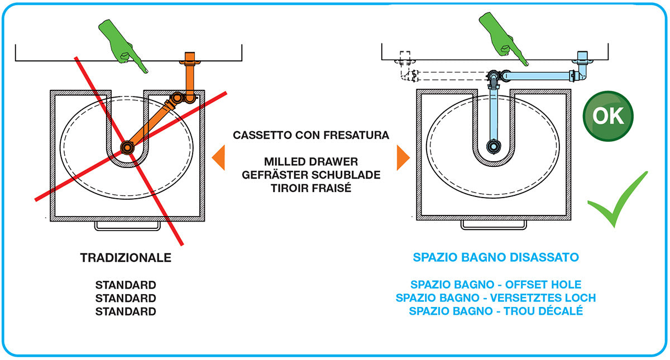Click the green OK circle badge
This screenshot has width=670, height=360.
(x=608, y=116)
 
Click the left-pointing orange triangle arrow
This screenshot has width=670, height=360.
(x=218, y=157)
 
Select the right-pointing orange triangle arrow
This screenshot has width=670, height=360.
(x=403, y=157)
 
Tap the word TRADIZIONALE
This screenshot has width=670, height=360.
(x=126, y=258)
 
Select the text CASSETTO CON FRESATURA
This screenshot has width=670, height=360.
(x=311, y=135)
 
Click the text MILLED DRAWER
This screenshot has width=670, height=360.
(x=311, y=162)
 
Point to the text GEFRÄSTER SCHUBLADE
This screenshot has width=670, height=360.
(x=311, y=175)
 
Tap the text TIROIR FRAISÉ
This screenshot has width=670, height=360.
(x=311, y=188)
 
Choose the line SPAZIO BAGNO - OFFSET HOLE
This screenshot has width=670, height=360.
(x=495, y=285)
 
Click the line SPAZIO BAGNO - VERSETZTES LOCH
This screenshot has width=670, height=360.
(x=495, y=298)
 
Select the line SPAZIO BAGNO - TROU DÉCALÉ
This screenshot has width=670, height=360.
(x=495, y=311)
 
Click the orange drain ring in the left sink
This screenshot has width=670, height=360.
(x=127, y=147)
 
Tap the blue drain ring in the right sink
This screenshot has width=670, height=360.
(x=493, y=146)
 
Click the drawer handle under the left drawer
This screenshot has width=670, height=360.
(x=127, y=225)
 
